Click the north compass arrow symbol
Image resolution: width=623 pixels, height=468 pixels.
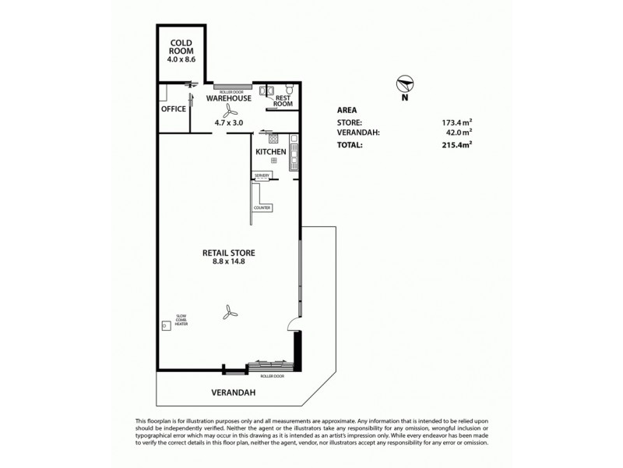pyautogui.click(x=403, y=84)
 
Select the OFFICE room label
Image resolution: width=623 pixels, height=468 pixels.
pyautogui.click(x=174, y=109)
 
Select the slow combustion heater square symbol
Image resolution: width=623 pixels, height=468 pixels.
pyautogui.click(x=166, y=326)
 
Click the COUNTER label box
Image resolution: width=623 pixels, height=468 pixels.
pyautogui.click(x=261, y=207)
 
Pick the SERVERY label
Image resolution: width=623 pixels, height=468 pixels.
pyautogui.click(x=261, y=176)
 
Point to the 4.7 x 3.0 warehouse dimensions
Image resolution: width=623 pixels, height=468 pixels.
pyautogui.click(x=229, y=122)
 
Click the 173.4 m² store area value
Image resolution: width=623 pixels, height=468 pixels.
pyautogui.click(x=456, y=122)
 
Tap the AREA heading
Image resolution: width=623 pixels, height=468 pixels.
pyautogui.click(x=347, y=110)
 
